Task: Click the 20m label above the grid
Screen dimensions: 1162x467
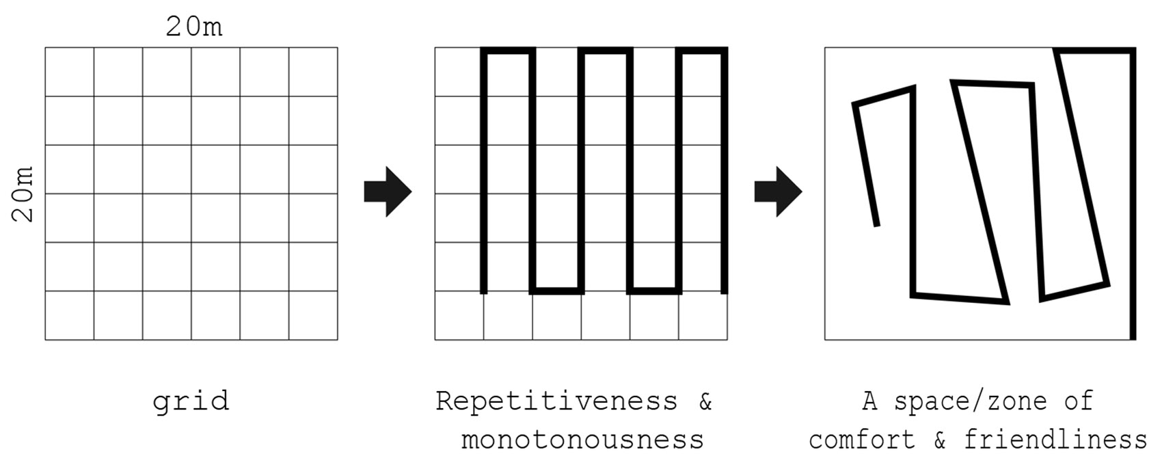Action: coord(194,27)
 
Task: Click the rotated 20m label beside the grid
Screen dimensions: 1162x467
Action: coord(23,194)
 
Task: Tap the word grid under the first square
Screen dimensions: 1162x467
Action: coord(191,401)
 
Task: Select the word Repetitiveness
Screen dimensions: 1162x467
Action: coord(556,401)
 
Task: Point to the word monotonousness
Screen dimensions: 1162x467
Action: coord(582,440)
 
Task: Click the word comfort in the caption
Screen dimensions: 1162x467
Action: coord(862,440)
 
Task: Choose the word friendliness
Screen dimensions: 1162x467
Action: coord(1055,440)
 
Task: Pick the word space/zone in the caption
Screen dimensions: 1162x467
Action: coord(971,401)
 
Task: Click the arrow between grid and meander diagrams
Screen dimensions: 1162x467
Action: coord(388,191)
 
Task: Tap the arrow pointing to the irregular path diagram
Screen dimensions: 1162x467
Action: coord(778,191)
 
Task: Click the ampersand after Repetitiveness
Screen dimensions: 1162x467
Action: coord(705,401)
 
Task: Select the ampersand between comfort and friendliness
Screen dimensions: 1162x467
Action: coord(940,440)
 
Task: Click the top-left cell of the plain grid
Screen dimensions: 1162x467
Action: coord(70,72)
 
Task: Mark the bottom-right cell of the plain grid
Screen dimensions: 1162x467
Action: coord(313,315)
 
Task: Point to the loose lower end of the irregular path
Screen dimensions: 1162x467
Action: coord(877,225)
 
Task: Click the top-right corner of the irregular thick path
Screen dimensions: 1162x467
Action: coord(1133,51)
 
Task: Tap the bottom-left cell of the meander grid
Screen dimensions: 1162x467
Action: coord(459,315)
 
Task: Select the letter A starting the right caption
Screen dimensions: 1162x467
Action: coord(870,401)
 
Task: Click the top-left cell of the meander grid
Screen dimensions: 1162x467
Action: coord(459,72)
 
